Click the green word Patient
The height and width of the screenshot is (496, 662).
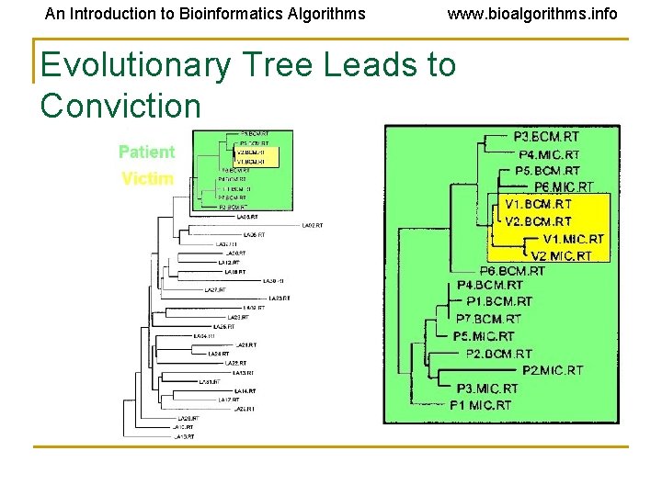[146, 152]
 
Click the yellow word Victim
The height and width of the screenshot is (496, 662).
[147, 178]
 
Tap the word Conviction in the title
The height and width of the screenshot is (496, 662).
[120, 106]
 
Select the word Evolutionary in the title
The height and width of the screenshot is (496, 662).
[135, 65]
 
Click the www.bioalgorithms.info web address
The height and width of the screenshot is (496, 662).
[532, 14]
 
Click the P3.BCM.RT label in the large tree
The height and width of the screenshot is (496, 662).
[546, 137]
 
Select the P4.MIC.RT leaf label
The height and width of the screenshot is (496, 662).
[549, 154]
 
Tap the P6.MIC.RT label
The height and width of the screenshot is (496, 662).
[564, 186]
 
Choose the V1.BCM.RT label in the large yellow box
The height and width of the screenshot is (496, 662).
[538, 204]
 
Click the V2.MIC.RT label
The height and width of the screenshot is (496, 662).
[561, 255]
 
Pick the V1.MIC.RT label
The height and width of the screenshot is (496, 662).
[573, 239]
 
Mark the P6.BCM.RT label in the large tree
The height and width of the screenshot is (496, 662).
[512, 271]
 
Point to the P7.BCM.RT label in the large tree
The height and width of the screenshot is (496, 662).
[488, 319]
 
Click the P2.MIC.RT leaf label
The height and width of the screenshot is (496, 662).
[552, 370]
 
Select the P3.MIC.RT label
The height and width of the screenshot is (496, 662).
[486, 388]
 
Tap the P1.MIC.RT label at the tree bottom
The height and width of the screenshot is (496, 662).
[480, 405]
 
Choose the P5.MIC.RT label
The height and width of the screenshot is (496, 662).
[485, 336]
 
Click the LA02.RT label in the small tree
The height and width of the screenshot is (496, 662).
[313, 225]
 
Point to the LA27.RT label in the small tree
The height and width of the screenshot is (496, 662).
[215, 289]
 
